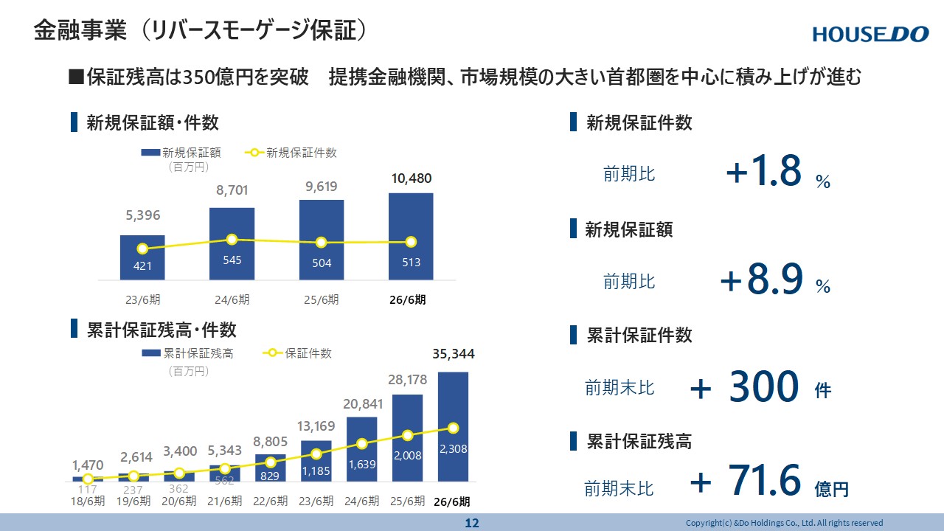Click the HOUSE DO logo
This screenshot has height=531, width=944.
(x=871, y=35)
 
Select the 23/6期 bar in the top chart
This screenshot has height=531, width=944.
(x=142, y=257)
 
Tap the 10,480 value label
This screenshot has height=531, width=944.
(x=412, y=178)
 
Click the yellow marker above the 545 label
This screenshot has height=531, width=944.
(x=232, y=240)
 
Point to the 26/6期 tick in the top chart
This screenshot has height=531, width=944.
(x=408, y=299)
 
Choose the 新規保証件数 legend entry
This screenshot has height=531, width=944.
(x=291, y=153)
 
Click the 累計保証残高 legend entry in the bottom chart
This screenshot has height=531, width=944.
(x=187, y=353)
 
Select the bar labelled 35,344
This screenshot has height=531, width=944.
(x=453, y=426)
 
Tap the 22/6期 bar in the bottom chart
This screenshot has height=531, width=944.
(x=271, y=468)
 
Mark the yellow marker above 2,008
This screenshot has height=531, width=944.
(x=408, y=436)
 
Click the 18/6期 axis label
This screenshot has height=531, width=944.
(x=88, y=501)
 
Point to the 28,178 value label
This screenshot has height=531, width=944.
(x=408, y=380)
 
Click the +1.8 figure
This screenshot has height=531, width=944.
(x=763, y=170)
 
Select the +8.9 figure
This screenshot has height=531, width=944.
(x=762, y=279)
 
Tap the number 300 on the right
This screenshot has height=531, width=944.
(x=763, y=386)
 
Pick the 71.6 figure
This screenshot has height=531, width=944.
(x=764, y=480)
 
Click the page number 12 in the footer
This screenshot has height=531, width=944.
(x=472, y=524)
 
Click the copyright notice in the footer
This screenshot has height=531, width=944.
(x=784, y=523)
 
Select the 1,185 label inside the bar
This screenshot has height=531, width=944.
(x=316, y=471)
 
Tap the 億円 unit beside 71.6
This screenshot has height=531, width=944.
(x=831, y=489)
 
